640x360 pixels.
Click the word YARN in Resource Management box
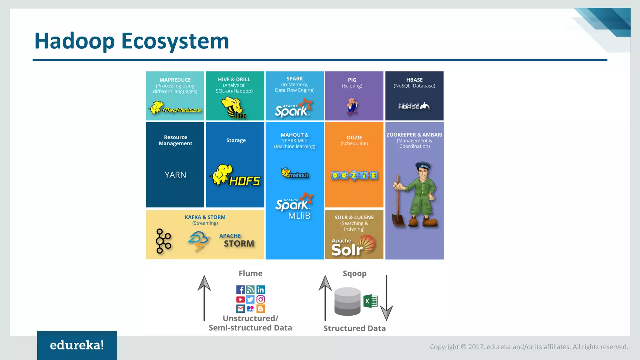[175, 175]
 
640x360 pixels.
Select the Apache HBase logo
[414, 106]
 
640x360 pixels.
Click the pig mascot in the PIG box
[352, 106]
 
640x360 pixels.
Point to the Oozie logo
[354, 175]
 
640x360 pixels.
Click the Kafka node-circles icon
[163, 241]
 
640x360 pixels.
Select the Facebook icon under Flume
[240, 290]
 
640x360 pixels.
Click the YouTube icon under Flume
[240, 299]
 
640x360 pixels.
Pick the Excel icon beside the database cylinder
[371, 301]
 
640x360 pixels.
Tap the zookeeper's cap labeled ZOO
[423, 165]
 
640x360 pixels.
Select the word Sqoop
[354, 273]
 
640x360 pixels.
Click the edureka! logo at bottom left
[77, 345]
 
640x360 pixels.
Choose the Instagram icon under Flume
[261, 299]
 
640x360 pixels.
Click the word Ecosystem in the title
[175, 41]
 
